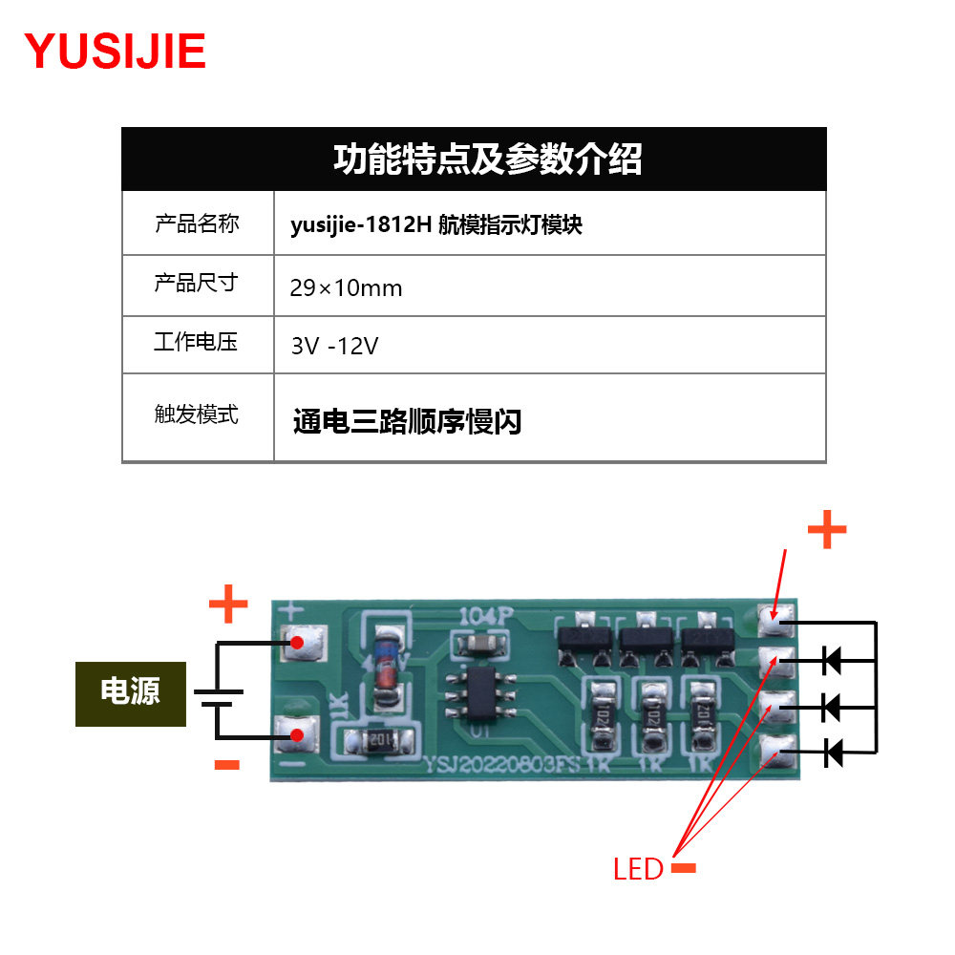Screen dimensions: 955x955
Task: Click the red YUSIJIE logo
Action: [116, 52]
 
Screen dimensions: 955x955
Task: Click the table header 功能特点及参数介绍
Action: [487, 159]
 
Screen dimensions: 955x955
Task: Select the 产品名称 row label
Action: [197, 223]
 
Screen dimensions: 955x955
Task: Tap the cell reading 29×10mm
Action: [346, 287]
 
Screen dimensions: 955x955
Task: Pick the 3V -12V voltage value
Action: [334, 346]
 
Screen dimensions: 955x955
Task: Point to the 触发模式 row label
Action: [196, 414]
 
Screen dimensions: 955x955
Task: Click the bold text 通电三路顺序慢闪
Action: [407, 421]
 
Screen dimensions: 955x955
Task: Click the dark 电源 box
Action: [130, 693]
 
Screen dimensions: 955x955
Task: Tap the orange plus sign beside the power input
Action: [228, 604]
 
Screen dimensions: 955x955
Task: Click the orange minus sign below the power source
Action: [227, 765]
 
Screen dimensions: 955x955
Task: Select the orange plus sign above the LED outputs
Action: [827, 529]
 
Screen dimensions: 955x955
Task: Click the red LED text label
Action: [638, 869]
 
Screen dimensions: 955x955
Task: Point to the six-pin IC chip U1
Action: [480, 694]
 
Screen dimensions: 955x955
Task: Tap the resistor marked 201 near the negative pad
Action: [379, 741]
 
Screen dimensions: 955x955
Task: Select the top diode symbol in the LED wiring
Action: [832, 660]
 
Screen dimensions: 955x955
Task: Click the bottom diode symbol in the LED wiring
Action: [833, 753]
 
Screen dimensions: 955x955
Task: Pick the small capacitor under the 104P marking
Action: [481, 644]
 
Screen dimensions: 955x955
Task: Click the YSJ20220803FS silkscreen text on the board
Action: [502, 764]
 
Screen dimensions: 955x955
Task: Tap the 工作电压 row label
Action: [196, 342]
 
